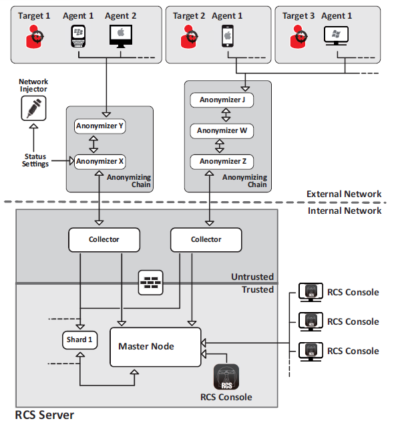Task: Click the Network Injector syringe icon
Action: coord(33,108)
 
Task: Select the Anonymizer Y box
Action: coord(100,126)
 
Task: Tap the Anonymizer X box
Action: coord(100,162)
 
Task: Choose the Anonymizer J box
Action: coord(222,100)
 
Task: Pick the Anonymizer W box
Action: coord(222,131)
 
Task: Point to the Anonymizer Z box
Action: coord(222,162)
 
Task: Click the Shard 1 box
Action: coord(79,340)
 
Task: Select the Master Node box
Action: coord(156,347)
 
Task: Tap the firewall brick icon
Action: coord(150,283)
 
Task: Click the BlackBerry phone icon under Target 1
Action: coord(78,36)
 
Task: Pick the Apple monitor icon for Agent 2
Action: coord(121,36)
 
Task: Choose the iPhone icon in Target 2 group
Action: coord(228,36)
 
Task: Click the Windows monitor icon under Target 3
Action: coord(337,36)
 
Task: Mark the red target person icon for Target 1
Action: coord(34,37)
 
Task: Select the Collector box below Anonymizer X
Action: coord(104,240)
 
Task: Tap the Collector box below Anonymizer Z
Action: coord(206,240)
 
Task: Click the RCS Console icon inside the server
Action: coord(226,377)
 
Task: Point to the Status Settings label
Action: coord(35,160)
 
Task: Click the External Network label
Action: coord(344,194)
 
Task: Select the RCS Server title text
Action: coord(45,415)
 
